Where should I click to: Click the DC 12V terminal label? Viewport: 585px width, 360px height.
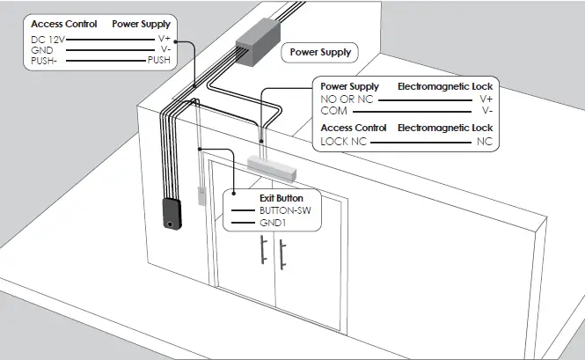[x=48, y=40]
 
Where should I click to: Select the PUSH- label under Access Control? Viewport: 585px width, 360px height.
[x=44, y=62]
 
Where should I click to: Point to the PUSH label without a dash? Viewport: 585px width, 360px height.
[x=158, y=62]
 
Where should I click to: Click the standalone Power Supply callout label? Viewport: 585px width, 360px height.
[x=321, y=53]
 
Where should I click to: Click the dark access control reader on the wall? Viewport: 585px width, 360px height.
[x=172, y=214]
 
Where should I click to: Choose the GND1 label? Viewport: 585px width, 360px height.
[x=272, y=224]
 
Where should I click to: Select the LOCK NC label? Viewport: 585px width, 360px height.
[x=343, y=141]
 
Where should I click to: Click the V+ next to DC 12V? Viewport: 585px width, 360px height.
[x=164, y=40]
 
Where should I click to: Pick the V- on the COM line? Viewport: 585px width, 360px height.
[x=486, y=111]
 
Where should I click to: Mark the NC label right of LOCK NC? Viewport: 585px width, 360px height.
[x=484, y=141]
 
